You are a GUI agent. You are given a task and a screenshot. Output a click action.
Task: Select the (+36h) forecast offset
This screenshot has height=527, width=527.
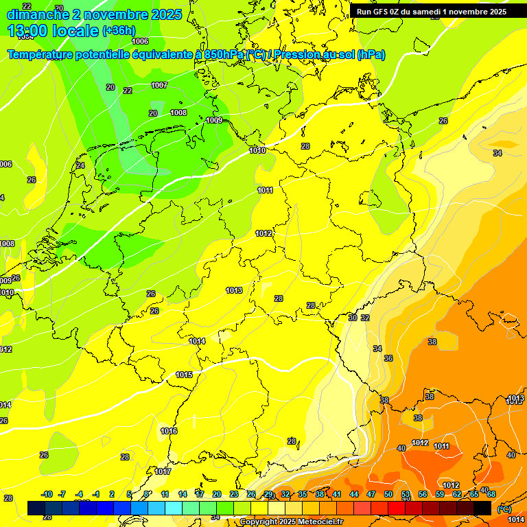pyautogui.click(x=118, y=31)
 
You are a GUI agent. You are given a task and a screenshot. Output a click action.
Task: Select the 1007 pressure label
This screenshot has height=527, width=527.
pyautogui.click(x=159, y=86)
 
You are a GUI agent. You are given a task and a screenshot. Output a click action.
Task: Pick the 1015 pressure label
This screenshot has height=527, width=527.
pyautogui.click(x=184, y=375)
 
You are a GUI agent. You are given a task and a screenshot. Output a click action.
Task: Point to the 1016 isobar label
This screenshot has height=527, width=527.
pyautogui.click(x=169, y=431)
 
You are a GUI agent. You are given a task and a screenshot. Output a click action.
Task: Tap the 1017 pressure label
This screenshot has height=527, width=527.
pyautogui.click(x=163, y=471)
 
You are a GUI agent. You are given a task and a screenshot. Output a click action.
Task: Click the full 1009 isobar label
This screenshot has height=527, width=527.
pyautogui.click(x=214, y=120)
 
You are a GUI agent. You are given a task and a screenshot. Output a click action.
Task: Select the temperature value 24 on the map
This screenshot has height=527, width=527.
pyautogui.click(x=80, y=165)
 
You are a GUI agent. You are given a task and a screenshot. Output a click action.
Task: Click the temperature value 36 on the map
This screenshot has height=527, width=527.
pyautogui.click(x=388, y=358)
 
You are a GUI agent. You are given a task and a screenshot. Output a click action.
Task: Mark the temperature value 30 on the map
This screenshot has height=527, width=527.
pyautogui.click(x=352, y=318)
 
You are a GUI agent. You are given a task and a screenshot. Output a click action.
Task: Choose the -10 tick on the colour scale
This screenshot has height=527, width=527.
pyautogui.click(x=47, y=494)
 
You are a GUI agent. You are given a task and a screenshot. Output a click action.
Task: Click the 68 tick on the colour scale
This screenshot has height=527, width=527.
pyautogui.click(x=491, y=494)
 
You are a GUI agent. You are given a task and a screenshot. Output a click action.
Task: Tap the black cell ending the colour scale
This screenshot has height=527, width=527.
pyautogui.click(x=482, y=508)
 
